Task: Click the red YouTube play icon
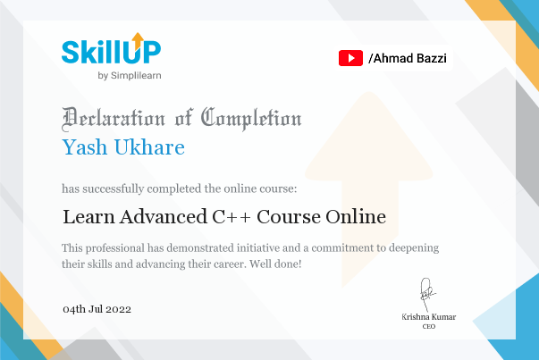coord(350,58)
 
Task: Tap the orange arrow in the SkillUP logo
coord(138,41)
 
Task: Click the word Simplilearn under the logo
coord(136,76)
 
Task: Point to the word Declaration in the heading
coord(114,119)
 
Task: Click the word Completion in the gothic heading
coord(251,119)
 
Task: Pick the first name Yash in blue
coord(85,147)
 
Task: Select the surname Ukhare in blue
coord(149,147)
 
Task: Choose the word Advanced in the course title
coord(164,217)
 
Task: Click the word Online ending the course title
coord(356,217)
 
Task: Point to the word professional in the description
coord(115,248)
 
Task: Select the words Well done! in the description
coord(275,264)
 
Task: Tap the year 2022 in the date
coord(119,309)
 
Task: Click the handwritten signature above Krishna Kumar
coord(426,294)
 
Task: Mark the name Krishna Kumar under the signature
coord(429,317)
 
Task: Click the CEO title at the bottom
coord(429,326)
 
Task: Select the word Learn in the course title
coord(88,217)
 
